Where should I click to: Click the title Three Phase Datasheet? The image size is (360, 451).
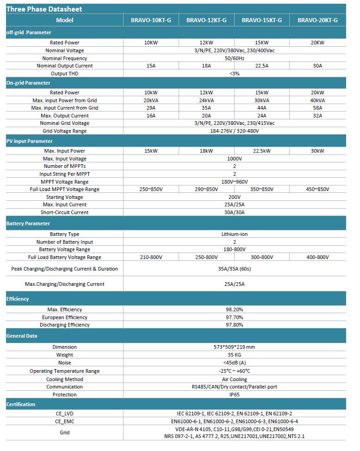pos(44,9)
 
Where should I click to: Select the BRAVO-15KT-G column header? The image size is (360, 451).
pos(262,20)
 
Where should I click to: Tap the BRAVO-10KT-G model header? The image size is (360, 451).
pos(151,20)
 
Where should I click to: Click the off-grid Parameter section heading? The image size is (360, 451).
pos(29,32)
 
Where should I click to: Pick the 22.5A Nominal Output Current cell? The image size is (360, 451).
pos(262,66)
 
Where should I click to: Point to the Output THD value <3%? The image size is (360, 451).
pos(234,74)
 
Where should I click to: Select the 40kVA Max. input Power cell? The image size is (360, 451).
pos(317,100)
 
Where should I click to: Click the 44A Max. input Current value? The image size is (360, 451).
pos(262,108)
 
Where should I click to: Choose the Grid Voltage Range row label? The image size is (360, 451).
pos(65,131)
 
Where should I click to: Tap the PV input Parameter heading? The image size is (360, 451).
pos(30,141)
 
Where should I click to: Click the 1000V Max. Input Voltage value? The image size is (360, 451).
pos(234,159)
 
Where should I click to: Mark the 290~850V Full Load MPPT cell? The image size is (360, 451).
pos(206,189)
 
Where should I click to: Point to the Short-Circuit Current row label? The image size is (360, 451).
pos(65,212)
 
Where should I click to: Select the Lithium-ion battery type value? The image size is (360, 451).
pos(234,234)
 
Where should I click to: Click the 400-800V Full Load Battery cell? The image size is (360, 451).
pos(317,257)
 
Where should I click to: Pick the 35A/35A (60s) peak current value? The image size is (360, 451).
pos(234,269)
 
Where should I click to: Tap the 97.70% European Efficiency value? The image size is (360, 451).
pos(234,317)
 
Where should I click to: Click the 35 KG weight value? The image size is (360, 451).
pos(234,355)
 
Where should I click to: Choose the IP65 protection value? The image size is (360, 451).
pos(234,395)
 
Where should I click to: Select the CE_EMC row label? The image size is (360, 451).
pos(65,421)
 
